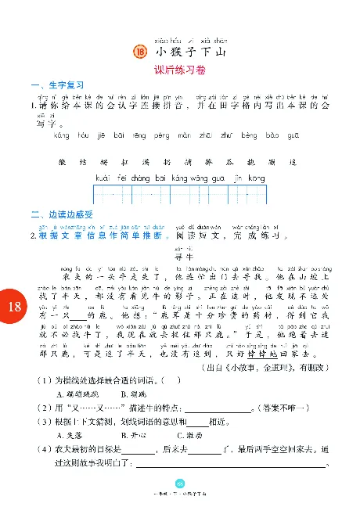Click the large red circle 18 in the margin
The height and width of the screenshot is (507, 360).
pyautogui.click(x=14, y=307)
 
